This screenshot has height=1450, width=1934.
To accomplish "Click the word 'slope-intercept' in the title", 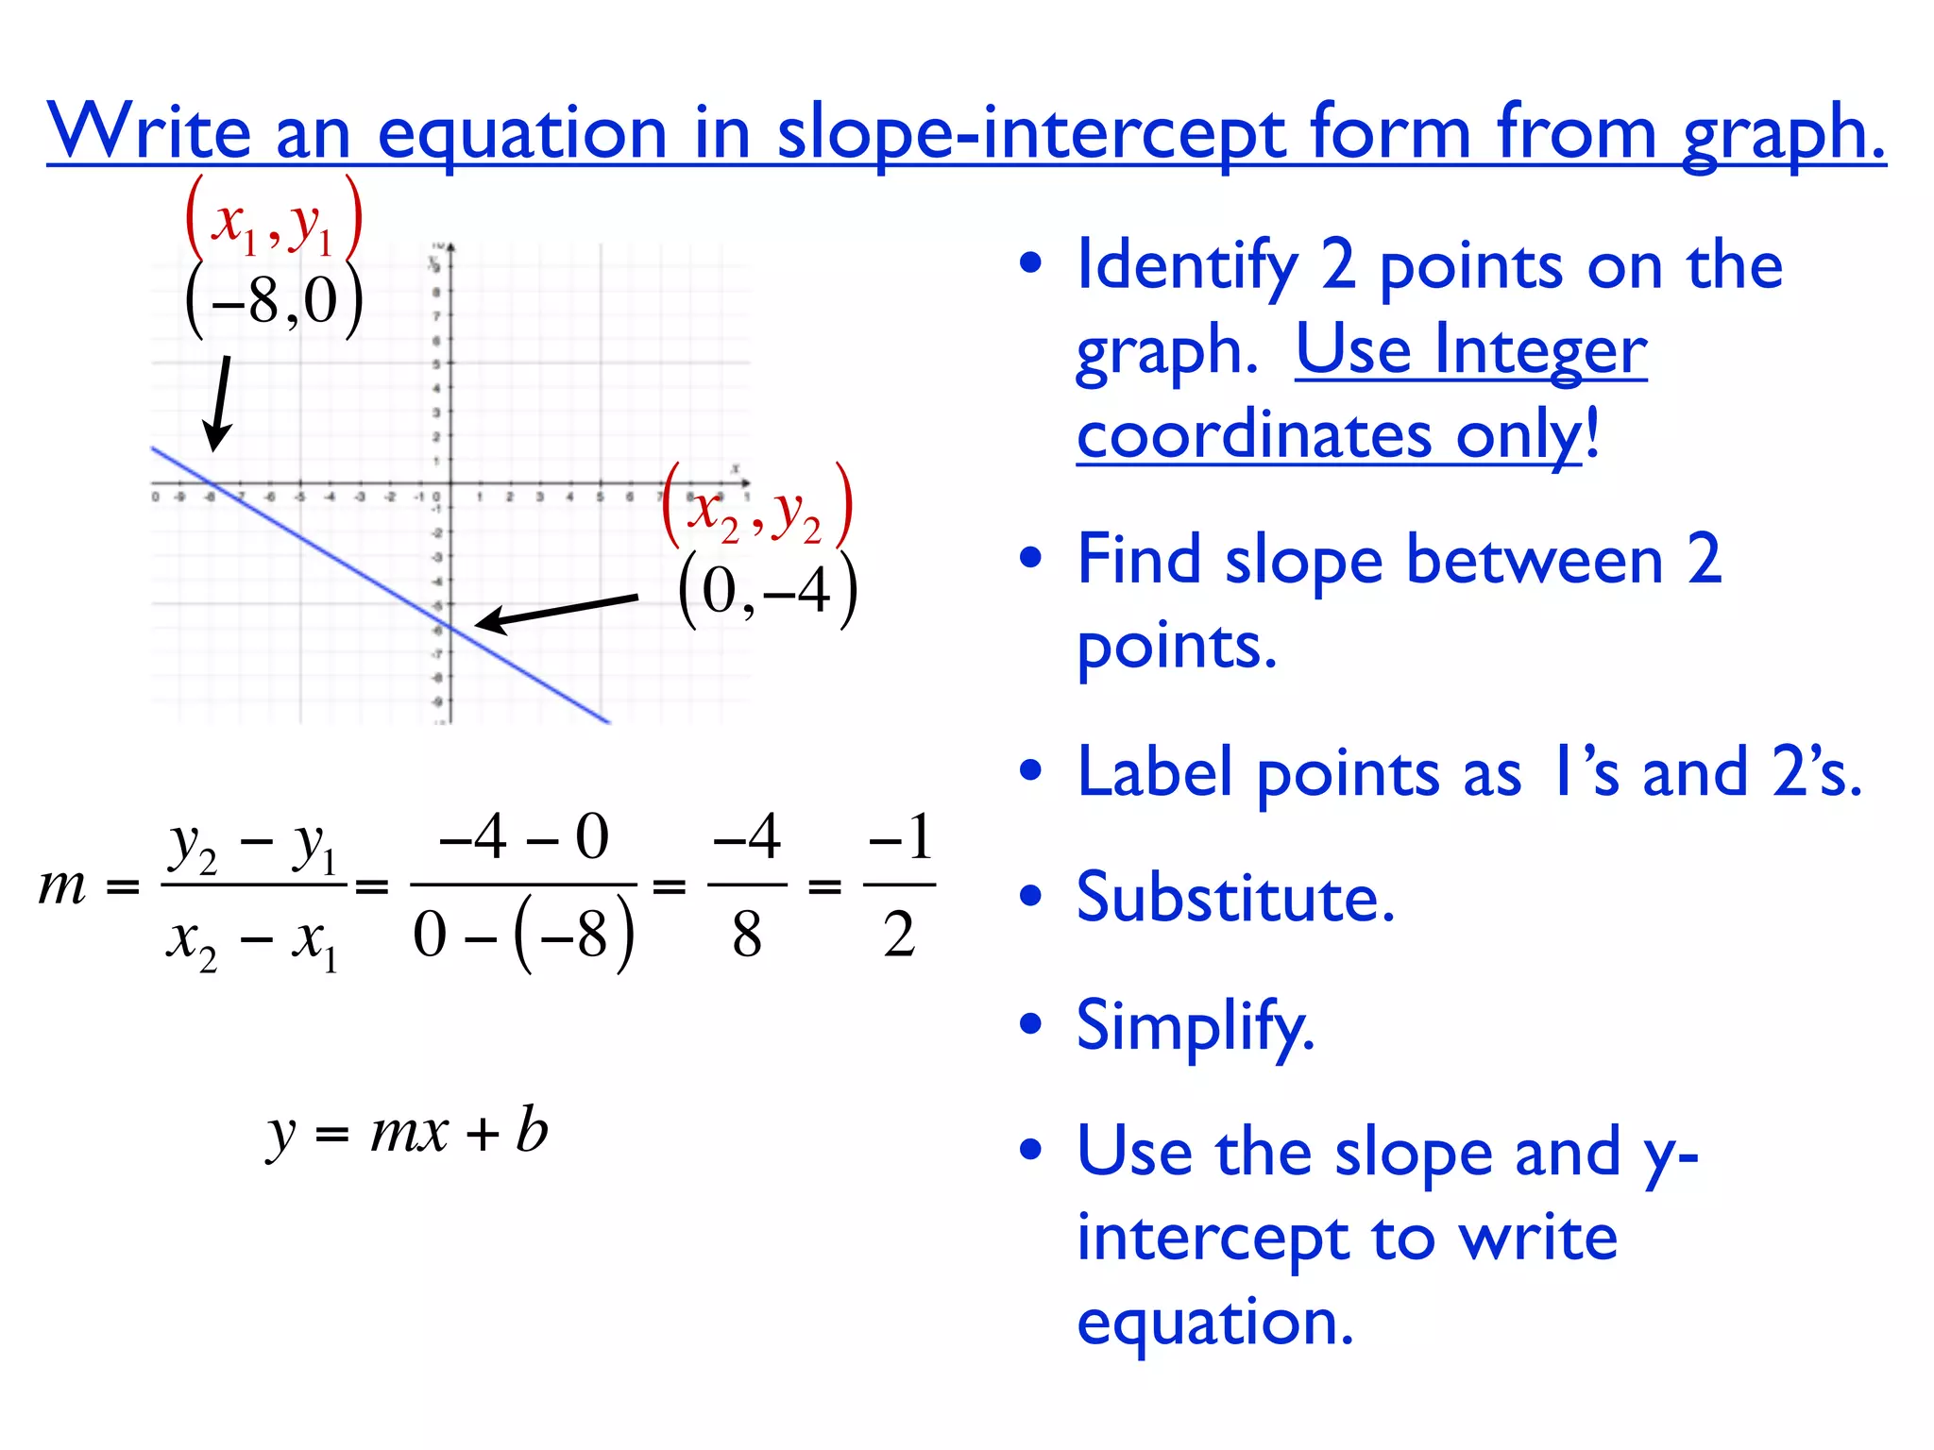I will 1030,133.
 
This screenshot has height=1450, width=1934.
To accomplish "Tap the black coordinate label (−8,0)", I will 274,300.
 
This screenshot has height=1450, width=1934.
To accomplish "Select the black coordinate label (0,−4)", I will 767,592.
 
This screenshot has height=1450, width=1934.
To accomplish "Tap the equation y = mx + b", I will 408,1131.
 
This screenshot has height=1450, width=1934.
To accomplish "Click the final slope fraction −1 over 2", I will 900,885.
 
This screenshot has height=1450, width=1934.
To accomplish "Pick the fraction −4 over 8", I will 746,885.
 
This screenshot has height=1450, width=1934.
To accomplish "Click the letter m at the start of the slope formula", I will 62,886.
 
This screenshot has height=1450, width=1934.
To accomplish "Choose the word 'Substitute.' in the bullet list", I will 1234,898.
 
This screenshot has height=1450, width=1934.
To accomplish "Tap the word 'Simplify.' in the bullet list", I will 1195,1026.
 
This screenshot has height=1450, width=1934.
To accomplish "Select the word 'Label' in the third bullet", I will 1154,772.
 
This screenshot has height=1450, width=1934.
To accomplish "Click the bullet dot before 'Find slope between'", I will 1031,558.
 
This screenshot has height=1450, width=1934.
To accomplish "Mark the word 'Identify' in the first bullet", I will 1187,267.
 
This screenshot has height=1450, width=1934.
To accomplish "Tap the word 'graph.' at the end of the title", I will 1783,133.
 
